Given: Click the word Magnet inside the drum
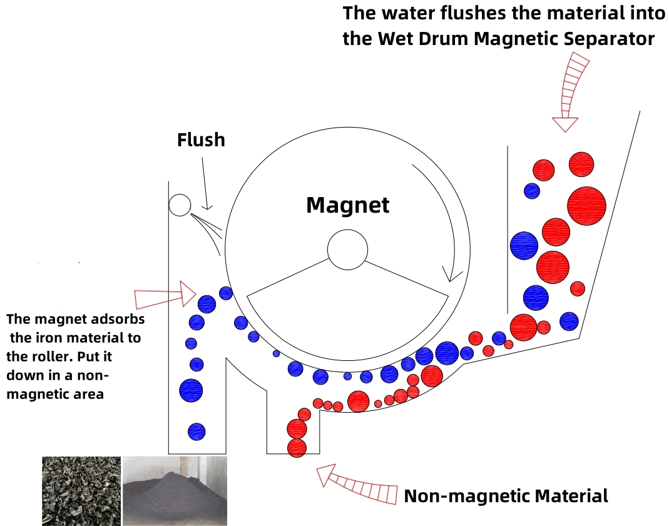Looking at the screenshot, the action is [x=348, y=205].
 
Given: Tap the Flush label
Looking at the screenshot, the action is [x=201, y=140].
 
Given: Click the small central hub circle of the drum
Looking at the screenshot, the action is [x=347, y=250].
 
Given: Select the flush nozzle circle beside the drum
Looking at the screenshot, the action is [x=180, y=205].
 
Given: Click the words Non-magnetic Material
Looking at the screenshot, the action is [x=506, y=496].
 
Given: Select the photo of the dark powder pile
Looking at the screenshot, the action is [x=175, y=490].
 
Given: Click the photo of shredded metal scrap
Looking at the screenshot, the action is [x=81, y=490].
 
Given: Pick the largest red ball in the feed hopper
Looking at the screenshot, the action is [x=586, y=206].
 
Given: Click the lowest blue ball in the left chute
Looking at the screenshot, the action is [x=197, y=432].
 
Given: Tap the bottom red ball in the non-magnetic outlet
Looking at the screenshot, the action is [x=297, y=448].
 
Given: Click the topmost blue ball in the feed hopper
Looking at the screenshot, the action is [x=532, y=191].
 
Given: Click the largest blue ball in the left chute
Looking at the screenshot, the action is [x=191, y=390].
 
